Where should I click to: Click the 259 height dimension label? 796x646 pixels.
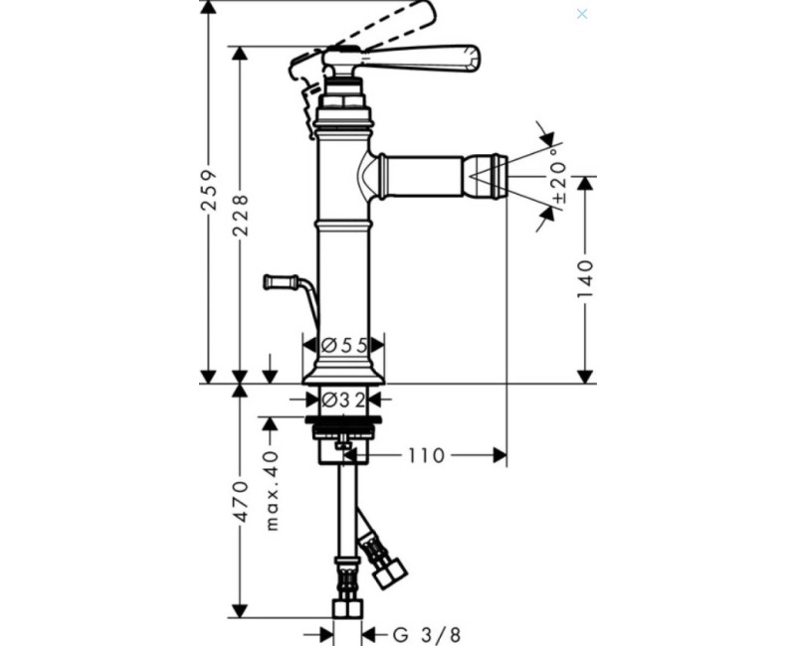pos(209,190)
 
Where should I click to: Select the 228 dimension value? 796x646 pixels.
pos(240,215)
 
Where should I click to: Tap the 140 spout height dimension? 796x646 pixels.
pos(586,279)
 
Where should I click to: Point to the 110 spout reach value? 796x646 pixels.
pos(426,456)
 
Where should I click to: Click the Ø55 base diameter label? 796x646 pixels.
pos(344,345)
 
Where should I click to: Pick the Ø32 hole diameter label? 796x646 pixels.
pos(343,401)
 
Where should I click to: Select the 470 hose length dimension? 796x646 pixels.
pos(240,502)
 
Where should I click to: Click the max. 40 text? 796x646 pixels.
pos(273,491)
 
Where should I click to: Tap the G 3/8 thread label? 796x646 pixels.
pos(427,634)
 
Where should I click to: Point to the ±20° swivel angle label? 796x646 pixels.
pos(558,175)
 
